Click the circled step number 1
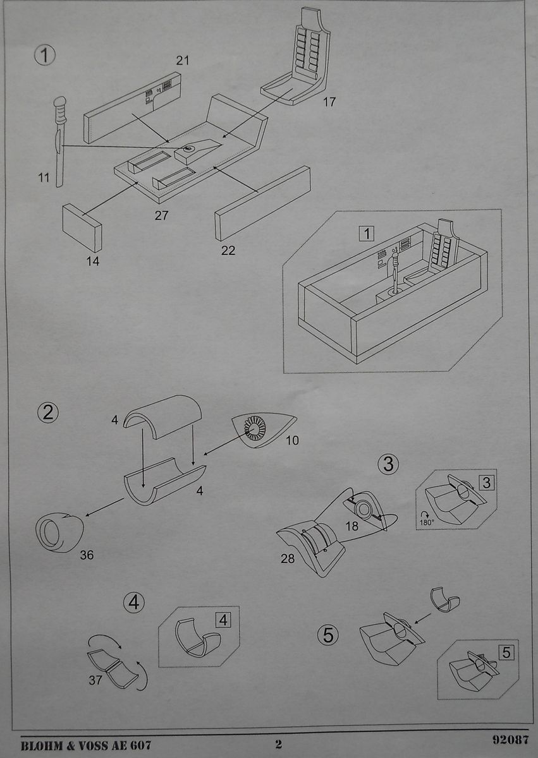[x=45, y=56]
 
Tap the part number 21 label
[x=183, y=61]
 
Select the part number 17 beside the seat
[x=329, y=102]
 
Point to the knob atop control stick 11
[x=59, y=102]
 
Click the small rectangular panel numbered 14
[x=82, y=228]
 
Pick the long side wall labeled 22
[x=263, y=203]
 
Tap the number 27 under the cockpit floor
[x=161, y=215]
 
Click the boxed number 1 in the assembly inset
[x=367, y=233]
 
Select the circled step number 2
[x=48, y=413]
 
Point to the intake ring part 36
[x=59, y=532]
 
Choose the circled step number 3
[x=388, y=464]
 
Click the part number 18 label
[x=352, y=526]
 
